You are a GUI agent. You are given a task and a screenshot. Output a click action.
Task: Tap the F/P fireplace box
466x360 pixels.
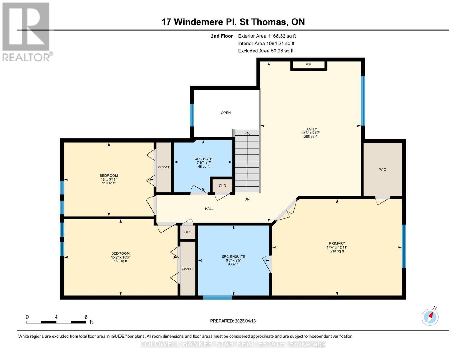click(x=308, y=65)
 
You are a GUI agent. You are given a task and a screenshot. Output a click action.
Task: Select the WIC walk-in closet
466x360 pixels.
click(x=383, y=169)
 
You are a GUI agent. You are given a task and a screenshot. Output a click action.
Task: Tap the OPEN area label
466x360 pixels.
click(x=226, y=113)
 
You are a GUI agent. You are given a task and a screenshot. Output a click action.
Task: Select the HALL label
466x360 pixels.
click(x=209, y=208)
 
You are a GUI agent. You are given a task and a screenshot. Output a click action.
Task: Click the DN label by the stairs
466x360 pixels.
click(x=247, y=199)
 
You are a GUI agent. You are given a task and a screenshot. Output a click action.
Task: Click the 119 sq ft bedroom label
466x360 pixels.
click(x=109, y=179)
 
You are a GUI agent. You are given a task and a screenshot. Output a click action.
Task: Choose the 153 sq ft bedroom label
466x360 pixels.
click(x=120, y=257)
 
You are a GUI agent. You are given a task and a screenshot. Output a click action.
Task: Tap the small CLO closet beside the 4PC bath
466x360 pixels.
click(x=222, y=186)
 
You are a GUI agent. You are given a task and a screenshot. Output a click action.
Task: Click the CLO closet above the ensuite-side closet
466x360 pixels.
click(x=188, y=232)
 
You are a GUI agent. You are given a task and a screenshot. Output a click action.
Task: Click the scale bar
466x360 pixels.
click(x=56, y=322)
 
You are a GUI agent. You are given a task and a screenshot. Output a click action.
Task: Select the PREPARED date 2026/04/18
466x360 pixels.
click(x=233, y=321)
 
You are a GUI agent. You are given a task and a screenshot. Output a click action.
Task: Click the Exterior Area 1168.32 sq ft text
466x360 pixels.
click(x=267, y=36)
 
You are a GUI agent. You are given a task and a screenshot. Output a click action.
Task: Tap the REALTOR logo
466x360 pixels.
click(x=26, y=31)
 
